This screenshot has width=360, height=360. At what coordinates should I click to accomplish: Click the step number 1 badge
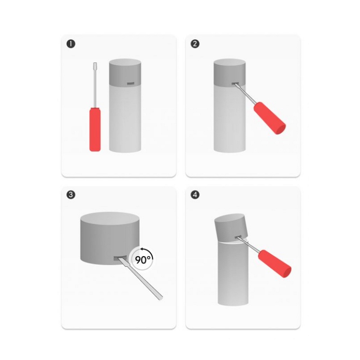click(x=71, y=44)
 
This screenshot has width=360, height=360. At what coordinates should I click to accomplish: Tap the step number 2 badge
click(x=195, y=44)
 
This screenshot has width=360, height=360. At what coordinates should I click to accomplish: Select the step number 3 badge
click(x=71, y=195)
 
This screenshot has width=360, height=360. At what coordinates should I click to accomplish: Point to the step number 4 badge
click(x=195, y=195)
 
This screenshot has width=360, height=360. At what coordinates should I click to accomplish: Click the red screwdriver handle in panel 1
click(x=95, y=130)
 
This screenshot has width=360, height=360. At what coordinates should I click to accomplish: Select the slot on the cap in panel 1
click(x=130, y=84)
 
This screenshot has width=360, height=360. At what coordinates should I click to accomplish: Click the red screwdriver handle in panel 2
click(x=270, y=118)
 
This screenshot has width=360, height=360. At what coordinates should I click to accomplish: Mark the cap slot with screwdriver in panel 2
click(x=235, y=84)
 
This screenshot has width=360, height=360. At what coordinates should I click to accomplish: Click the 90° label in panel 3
click(x=144, y=260)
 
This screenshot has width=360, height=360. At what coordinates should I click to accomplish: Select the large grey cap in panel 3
click(x=110, y=238)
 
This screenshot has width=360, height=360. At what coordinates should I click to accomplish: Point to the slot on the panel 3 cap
click(x=120, y=258)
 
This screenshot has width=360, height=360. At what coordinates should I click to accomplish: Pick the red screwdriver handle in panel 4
click(x=275, y=264)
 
